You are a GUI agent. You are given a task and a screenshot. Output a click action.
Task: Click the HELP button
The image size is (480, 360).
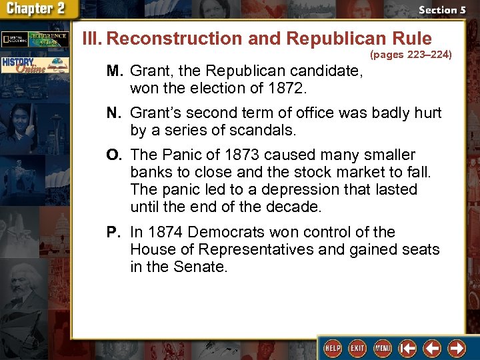pyautogui.click(x=331, y=348)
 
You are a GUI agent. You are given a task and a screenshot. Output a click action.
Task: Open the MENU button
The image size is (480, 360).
pyautogui.click(x=383, y=348)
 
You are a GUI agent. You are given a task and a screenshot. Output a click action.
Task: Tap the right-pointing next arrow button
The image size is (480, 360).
pyautogui.click(x=457, y=348)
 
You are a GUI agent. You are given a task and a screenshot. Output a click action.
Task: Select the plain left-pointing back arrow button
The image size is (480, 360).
pyautogui.click(x=433, y=348)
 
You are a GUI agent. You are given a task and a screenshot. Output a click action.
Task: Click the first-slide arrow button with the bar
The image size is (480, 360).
pyautogui.click(x=408, y=348)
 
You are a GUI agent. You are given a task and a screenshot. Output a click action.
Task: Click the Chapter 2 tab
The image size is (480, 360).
pyautogui.click(x=39, y=9)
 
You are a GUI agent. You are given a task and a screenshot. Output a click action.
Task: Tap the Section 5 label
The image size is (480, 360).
pyautogui.click(x=441, y=10)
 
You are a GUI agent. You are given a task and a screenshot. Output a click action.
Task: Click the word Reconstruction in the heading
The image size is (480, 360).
pyautogui.click(x=174, y=39)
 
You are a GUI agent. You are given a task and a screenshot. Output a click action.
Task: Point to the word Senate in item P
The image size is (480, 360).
pyautogui.click(x=203, y=267)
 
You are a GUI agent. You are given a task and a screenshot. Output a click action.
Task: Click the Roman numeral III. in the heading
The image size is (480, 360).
pyautogui.click(x=92, y=39)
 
